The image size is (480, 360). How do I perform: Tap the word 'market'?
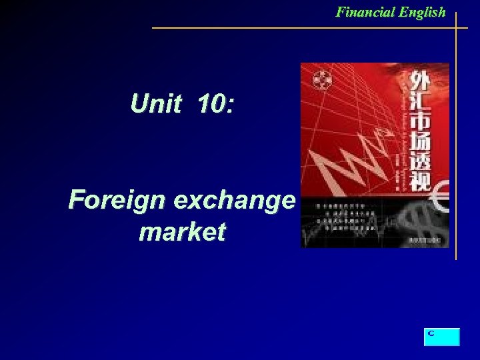pyautogui.click(x=182, y=231)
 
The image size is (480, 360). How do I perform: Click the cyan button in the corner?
pyautogui.click(x=441, y=337)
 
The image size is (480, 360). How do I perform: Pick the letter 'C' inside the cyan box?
pyautogui.click(x=431, y=332)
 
